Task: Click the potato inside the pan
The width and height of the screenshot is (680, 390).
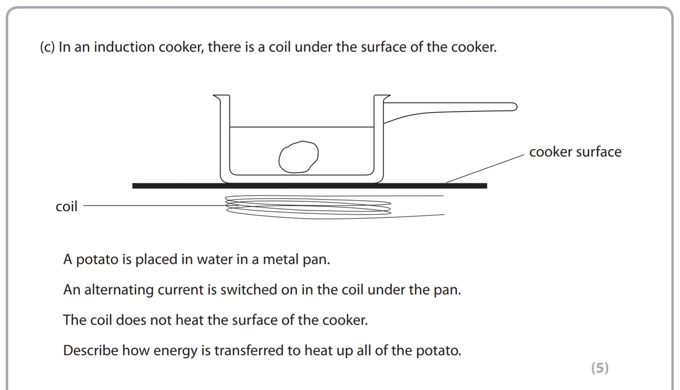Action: tap(299, 156)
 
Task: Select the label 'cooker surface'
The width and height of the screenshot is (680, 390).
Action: tap(575, 152)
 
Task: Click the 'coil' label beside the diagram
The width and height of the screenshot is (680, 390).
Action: tap(66, 207)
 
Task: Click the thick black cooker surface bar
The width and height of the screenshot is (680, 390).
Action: tap(309, 186)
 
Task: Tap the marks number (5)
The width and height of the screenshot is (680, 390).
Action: tap(599, 368)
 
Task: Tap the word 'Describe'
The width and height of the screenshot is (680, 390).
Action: tap(91, 351)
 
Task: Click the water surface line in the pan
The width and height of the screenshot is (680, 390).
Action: tap(302, 127)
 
